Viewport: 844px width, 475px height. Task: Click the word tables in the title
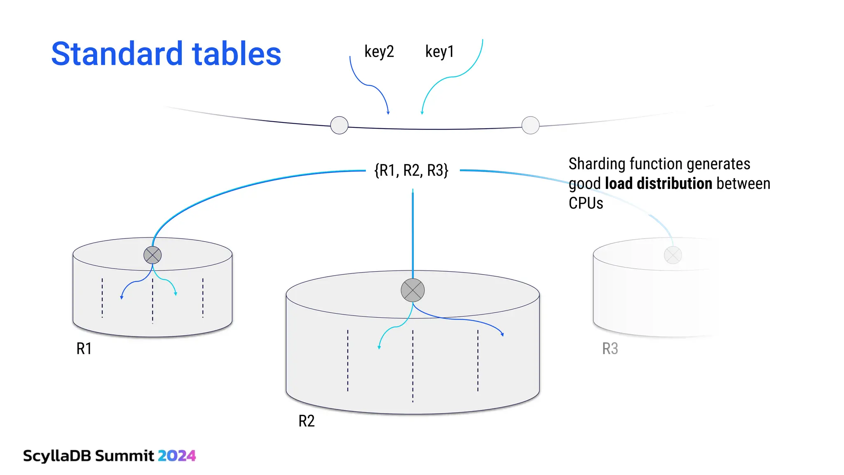[x=237, y=54]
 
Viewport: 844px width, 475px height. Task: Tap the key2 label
[x=379, y=52]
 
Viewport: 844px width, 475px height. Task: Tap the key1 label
[x=439, y=52]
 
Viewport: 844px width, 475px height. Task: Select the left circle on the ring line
[x=339, y=125]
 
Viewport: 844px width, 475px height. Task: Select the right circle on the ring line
[x=530, y=125]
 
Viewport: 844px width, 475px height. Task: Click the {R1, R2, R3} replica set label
[x=411, y=170]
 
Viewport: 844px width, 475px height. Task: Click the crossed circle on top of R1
[x=152, y=255]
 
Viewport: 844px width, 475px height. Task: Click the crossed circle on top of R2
[x=413, y=290]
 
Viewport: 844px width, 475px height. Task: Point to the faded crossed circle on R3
[x=673, y=255]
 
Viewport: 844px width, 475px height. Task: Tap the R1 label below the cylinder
[x=84, y=349]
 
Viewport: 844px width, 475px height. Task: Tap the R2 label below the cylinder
[x=306, y=421]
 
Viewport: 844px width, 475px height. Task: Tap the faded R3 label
[x=610, y=349]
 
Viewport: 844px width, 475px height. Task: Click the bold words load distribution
[x=659, y=183]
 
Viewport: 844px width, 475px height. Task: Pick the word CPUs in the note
[x=586, y=203]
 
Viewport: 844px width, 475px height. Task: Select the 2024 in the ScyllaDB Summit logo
[x=177, y=456]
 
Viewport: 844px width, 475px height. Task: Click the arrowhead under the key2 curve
[x=388, y=112]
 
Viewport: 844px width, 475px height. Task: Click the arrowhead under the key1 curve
[x=422, y=112]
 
